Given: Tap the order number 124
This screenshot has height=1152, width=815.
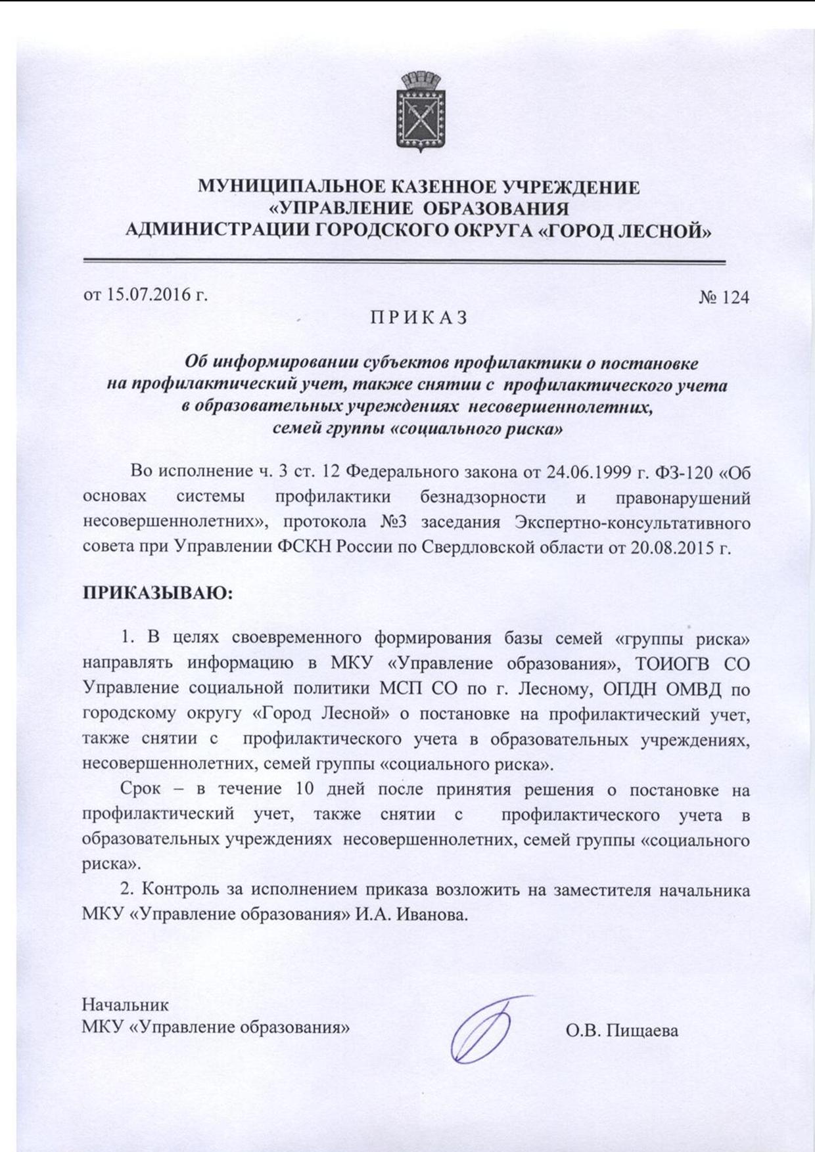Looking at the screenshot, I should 735,298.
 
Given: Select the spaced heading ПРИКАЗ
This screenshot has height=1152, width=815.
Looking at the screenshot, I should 419,317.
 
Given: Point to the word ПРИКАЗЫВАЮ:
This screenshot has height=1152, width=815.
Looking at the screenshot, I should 158,594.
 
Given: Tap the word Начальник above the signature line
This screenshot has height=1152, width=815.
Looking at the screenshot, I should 126,1005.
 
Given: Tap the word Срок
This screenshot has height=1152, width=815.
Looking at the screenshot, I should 140,788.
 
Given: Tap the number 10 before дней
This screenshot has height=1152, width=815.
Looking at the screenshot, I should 306,788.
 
